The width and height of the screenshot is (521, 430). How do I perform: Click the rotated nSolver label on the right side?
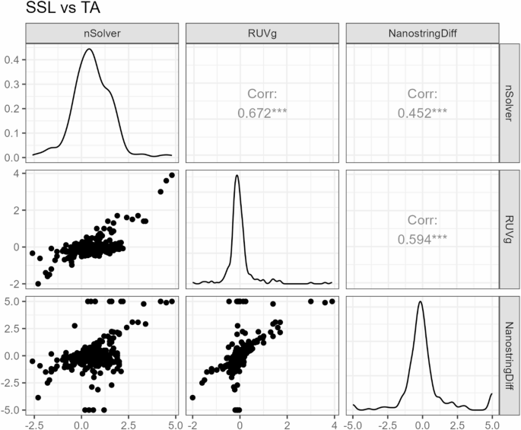pyautogui.click(x=510, y=102)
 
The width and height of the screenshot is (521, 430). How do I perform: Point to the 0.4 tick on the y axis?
pyautogui.click(x=12, y=59)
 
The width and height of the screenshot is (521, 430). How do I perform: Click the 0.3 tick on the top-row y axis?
pyautogui.click(x=12, y=84)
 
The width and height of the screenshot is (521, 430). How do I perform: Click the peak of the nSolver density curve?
pyautogui.click(x=90, y=49)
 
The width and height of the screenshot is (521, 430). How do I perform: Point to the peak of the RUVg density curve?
pyautogui.click(x=237, y=176)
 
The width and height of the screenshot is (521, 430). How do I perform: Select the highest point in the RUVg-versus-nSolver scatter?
pyautogui.click(x=172, y=175)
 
